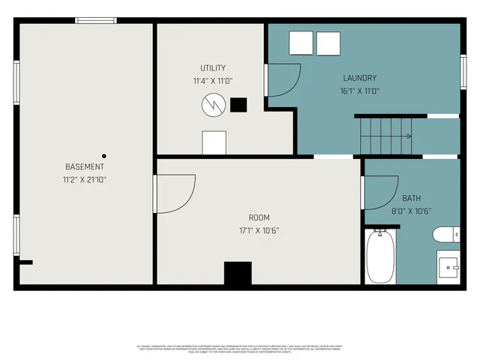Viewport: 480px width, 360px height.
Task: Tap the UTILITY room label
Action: click(212, 67)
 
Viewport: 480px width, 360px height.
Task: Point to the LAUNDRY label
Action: click(359, 78)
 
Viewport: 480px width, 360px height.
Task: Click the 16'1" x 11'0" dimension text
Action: click(359, 91)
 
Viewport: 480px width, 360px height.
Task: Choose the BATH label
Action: click(411, 198)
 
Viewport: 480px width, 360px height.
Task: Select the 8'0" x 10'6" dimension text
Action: click(411, 211)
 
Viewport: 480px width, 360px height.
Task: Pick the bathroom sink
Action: click(448, 267)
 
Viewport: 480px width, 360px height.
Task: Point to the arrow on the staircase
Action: click(408, 136)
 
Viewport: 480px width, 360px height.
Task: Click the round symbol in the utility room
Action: click(212, 105)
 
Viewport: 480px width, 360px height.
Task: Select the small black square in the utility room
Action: click(238, 105)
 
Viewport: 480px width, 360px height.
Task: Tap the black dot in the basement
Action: click(104, 156)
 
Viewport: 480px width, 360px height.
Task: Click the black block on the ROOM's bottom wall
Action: click(238, 273)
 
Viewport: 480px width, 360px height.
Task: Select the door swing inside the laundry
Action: click(283, 79)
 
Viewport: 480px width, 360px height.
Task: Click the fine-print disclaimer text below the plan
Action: click(240, 348)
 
